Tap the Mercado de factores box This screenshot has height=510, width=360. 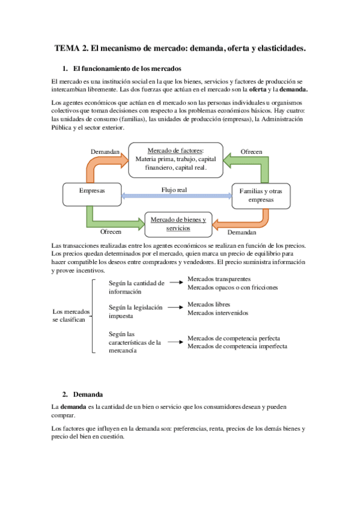[175, 159]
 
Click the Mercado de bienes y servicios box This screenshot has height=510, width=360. [178, 224]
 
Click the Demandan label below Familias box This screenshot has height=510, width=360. [242, 232]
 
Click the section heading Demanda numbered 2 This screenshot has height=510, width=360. [88, 395]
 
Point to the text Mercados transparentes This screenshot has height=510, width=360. [219, 279]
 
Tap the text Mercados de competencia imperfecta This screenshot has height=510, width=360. [237, 346]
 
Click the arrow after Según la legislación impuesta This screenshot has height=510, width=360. [175, 308]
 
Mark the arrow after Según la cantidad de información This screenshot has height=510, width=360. [175, 281]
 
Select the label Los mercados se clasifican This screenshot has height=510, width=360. [71, 316]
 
